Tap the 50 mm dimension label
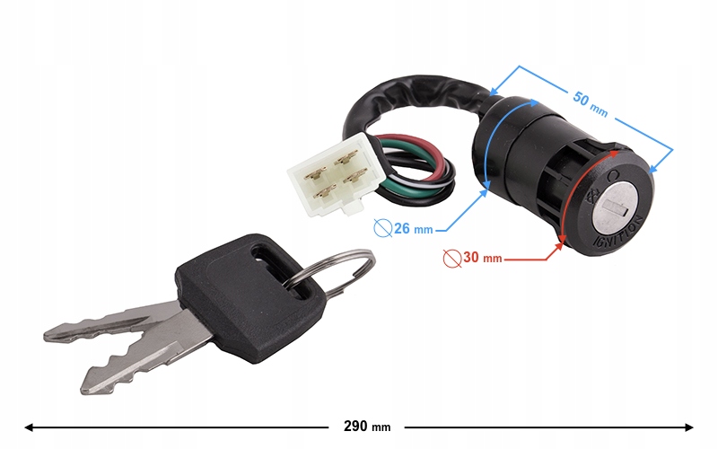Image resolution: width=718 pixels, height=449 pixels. click(x=589, y=104)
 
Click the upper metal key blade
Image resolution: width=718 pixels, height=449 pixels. click(x=117, y=322)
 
